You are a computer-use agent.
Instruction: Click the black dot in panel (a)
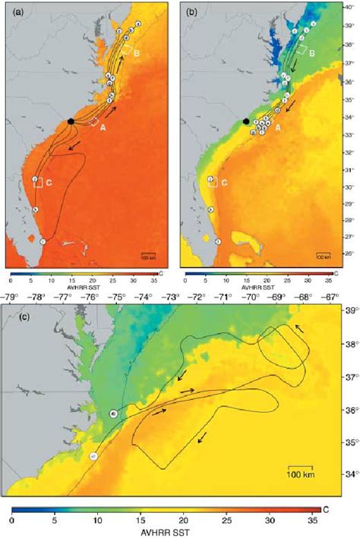(71, 121)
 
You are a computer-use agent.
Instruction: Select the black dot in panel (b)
(245, 121)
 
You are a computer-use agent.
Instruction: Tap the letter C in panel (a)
(48, 182)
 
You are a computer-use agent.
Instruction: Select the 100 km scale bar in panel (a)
(149, 253)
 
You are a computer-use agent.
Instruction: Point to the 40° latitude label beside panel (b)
(349, 7)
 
